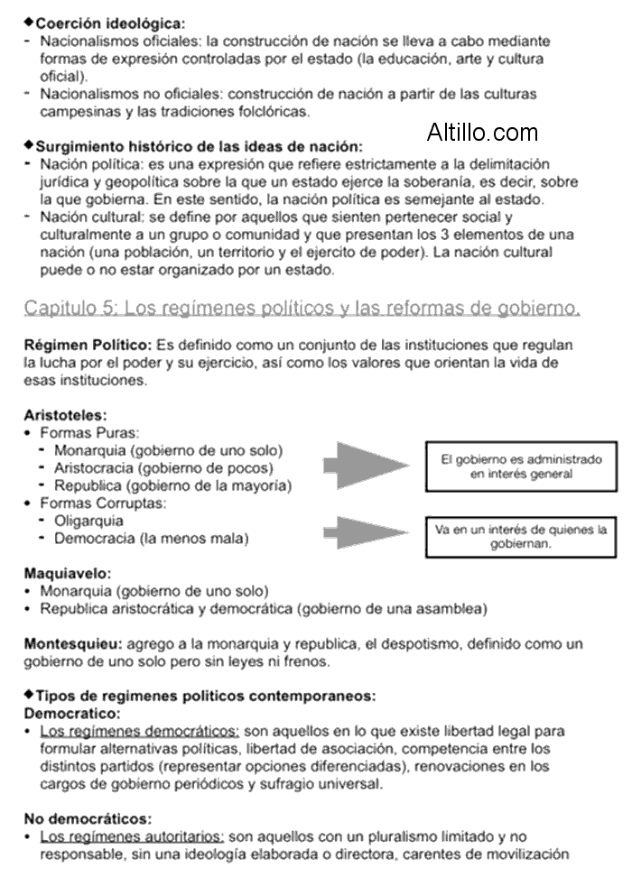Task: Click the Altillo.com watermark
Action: pyautogui.click(x=483, y=134)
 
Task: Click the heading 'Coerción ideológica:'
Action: pyautogui.click(x=110, y=23)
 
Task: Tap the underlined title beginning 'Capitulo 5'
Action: pyautogui.click(x=302, y=309)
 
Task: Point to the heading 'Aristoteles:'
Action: pyautogui.click(x=66, y=416)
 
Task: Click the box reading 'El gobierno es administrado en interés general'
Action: pyautogui.click(x=521, y=466)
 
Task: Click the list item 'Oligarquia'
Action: pyautogui.click(x=89, y=522)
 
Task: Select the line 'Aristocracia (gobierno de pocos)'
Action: pyautogui.click(x=163, y=467)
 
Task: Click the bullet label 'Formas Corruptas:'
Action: pyautogui.click(x=103, y=503)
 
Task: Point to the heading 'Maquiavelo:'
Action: pyautogui.click(x=68, y=573)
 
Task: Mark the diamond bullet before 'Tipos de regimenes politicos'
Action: pyautogui.click(x=29, y=695)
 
